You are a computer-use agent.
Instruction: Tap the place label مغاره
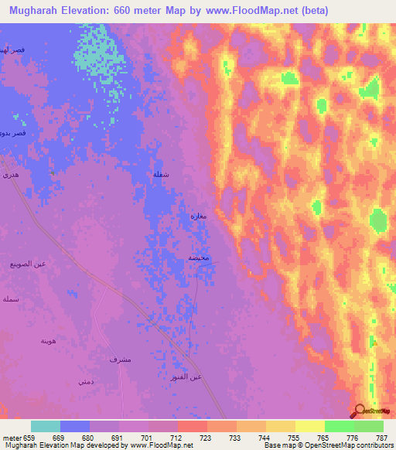point(198,216)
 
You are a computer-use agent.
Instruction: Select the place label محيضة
point(198,257)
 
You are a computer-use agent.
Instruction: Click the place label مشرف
point(119,360)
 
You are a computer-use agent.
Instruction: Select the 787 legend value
point(381,437)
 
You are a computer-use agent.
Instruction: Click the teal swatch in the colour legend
point(46,426)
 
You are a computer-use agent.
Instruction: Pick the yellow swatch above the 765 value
point(309,426)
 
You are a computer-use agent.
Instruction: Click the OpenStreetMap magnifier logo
point(360,411)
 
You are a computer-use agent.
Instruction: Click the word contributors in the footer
point(373,446)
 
